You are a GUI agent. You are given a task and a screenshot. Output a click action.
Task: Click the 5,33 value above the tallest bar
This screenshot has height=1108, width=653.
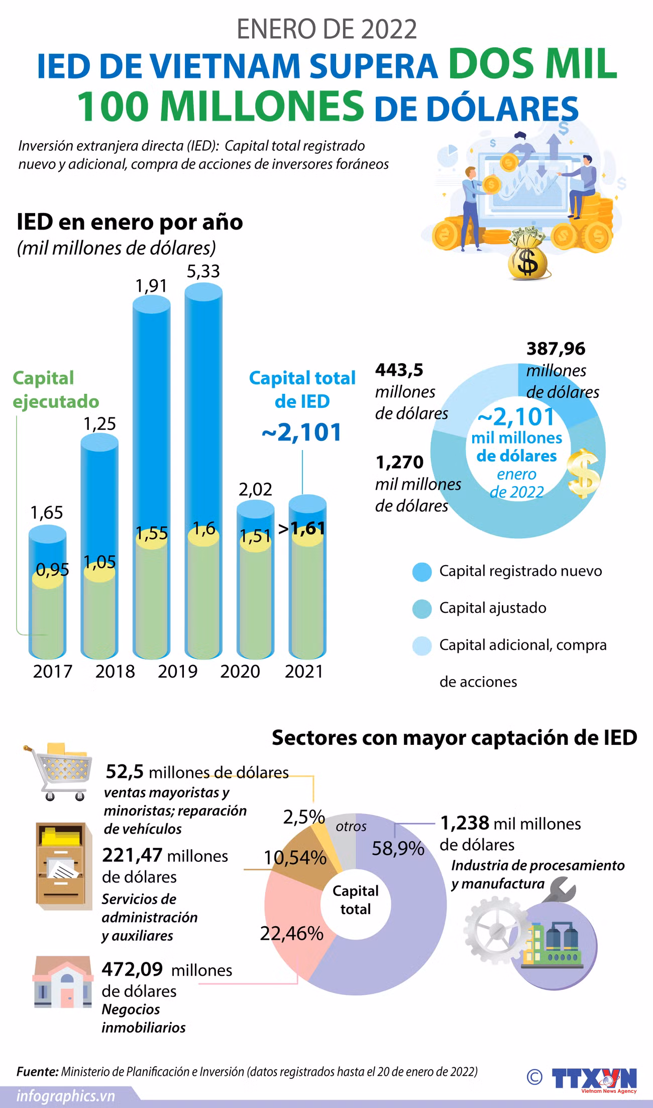point(203,271)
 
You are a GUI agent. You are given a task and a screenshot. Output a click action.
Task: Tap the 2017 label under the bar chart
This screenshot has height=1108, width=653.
point(53,672)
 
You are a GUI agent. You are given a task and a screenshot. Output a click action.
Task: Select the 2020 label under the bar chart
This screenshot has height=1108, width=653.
point(240,672)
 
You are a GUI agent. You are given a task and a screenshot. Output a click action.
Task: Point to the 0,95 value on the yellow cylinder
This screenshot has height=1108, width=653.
point(52,570)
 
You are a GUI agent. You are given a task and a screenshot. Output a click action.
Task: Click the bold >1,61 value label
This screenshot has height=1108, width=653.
point(301,528)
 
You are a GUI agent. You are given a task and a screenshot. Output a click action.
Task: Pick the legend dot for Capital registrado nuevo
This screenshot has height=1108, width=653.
point(422,572)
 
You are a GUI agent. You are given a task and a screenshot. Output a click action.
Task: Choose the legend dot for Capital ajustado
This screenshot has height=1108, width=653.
point(422,608)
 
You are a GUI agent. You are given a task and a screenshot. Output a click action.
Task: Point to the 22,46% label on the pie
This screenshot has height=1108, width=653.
point(291,933)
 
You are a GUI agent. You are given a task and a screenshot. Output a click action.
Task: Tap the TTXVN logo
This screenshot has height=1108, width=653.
point(594,1078)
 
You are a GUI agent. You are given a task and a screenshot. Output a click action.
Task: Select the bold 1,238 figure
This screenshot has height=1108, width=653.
point(465,823)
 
